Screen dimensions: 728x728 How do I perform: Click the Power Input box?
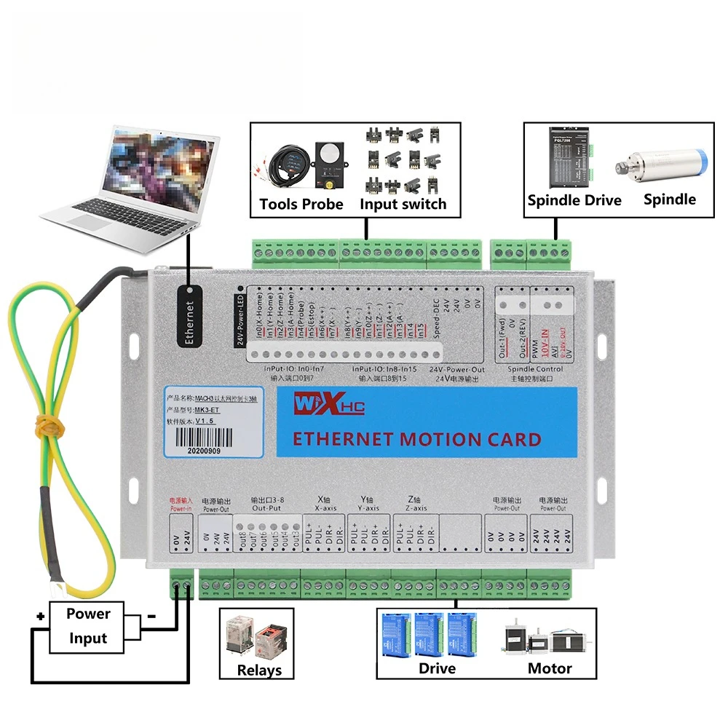coord(88,626)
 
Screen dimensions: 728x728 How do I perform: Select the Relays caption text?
coord(259,670)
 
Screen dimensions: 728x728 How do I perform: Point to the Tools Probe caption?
coord(301,204)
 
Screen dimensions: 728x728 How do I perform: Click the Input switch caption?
coord(403,204)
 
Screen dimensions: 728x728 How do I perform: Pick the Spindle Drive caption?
coord(574,200)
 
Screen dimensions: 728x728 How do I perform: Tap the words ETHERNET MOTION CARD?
coord(416,440)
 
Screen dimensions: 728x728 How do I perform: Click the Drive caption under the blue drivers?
coord(437,668)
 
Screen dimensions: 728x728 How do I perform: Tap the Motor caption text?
coord(550,668)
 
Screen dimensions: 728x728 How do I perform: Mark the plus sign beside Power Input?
coord(41,617)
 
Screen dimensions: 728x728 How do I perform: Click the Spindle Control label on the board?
coord(534,369)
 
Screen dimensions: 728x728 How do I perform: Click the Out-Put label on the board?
coord(265,509)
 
